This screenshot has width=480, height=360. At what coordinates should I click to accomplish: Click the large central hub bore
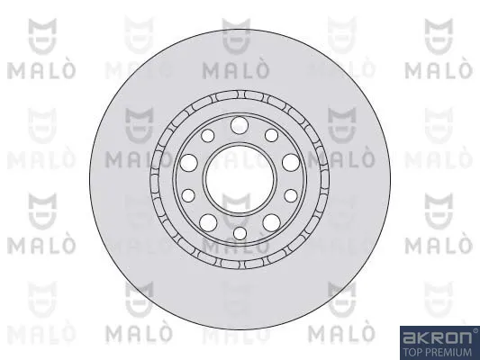point(240,179)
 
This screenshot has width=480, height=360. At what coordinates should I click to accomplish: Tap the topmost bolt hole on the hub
point(239,125)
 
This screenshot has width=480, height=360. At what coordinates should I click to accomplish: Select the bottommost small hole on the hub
point(240,233)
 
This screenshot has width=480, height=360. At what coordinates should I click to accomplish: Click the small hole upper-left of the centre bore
point(207,136)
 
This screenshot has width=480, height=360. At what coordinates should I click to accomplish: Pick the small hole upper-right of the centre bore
point(272,135)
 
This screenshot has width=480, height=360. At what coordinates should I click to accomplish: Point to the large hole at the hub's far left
point(188,163)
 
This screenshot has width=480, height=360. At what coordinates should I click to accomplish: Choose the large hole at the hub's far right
point(291,162)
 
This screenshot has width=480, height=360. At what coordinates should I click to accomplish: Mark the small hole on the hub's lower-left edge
point(188,195)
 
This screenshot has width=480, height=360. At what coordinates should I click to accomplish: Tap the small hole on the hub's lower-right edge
point(291,196)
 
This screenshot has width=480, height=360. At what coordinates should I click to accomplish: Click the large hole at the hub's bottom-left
point(208,222)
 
